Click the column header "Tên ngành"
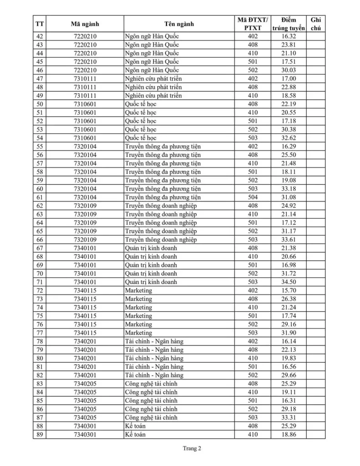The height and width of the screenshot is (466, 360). (179, 24)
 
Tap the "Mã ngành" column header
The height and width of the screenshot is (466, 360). (85, 24)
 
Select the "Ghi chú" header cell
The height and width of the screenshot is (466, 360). (315, 24)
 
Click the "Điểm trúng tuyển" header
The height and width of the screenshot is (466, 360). (288, 24)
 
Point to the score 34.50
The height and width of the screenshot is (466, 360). (289, 282)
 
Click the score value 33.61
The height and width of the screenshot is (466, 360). (289, 240)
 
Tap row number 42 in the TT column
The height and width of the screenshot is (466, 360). (40, 36)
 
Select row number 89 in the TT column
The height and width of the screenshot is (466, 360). (40, 435)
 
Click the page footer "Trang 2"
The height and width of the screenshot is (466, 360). (192, 448)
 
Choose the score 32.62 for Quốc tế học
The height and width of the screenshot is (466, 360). (289, 138)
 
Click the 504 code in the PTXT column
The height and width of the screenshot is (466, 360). (253, 198)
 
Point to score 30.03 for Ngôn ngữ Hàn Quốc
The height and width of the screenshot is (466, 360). (289, 70)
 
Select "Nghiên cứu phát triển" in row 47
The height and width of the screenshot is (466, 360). (153, 79)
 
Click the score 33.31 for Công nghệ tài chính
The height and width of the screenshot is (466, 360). (289, 418)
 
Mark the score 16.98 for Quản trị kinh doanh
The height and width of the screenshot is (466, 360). (289, 265)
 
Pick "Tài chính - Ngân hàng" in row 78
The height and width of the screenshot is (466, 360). (154, 341)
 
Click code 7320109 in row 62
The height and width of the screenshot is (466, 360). (85, 206)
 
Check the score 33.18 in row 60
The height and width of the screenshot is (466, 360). (289, 189)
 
